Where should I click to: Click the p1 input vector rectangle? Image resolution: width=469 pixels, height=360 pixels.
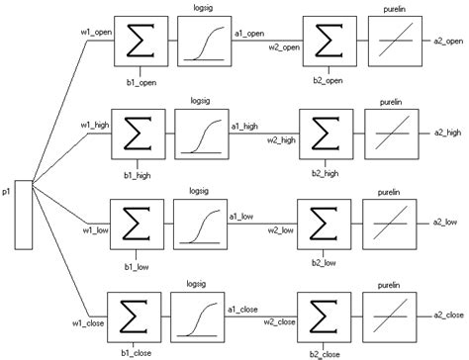(x=26, y=214)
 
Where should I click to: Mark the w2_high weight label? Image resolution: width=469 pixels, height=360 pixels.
(x=281, y=140)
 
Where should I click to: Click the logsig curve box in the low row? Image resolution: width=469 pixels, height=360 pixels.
(x=198, y=220)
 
